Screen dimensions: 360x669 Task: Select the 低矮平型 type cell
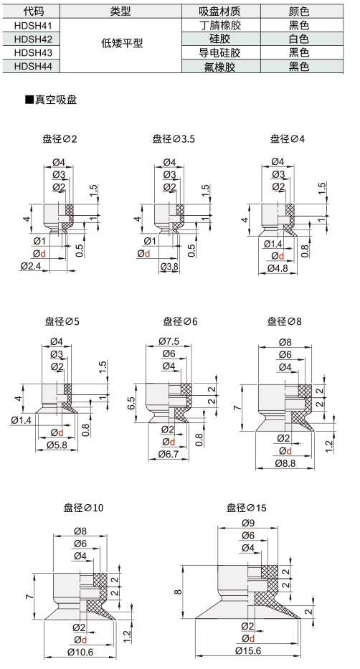click(x=121, y=43)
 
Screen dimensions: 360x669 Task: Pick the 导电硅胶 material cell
click(x=221, y=53)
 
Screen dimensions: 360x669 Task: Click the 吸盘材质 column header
click(x=221, y=11)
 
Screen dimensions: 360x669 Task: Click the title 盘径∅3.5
click(x=174, y=138)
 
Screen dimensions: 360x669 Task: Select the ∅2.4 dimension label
click(x=30, y=266)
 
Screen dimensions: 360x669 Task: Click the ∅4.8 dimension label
click(x=278, y=268)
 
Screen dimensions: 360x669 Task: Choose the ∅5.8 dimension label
click(x=57, y=445)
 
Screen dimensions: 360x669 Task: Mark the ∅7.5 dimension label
click(x=169, y=341)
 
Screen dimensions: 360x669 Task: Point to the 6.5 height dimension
click(x=131, y=403)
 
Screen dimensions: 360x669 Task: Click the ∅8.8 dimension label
click(x=285, y=463)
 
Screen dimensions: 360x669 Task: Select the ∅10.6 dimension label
click(x=80, y=652)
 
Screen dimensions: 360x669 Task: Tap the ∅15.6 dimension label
click(x=248, y=650)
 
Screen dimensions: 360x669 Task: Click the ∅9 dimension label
click(x=248, y=523)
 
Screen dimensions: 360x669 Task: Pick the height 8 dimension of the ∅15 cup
click(x=179, y=592)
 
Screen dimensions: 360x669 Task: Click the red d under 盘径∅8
click(x=289, y=451)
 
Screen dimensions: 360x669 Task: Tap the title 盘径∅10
click(x=84, y=508)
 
